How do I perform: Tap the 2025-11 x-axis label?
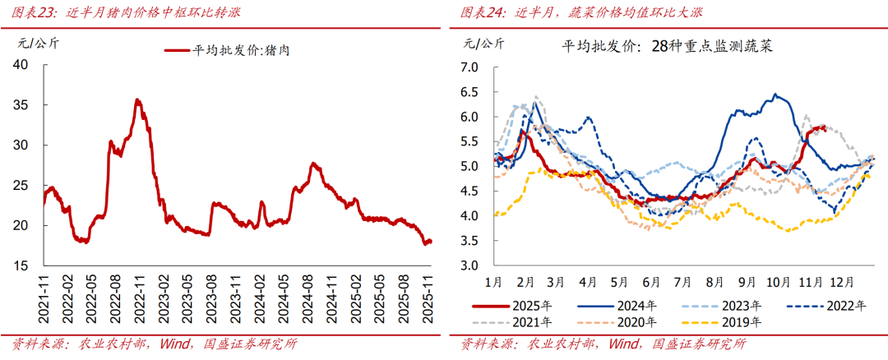(428, 293)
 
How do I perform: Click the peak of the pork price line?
(137, 100)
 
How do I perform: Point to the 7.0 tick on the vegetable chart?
(469, 67)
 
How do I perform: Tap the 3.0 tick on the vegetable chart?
(469, 265)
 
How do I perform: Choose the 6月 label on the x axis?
(653, 281)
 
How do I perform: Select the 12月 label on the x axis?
(840, 281)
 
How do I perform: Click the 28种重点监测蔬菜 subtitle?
(712, 47)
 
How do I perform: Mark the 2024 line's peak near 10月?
(775, 95)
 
